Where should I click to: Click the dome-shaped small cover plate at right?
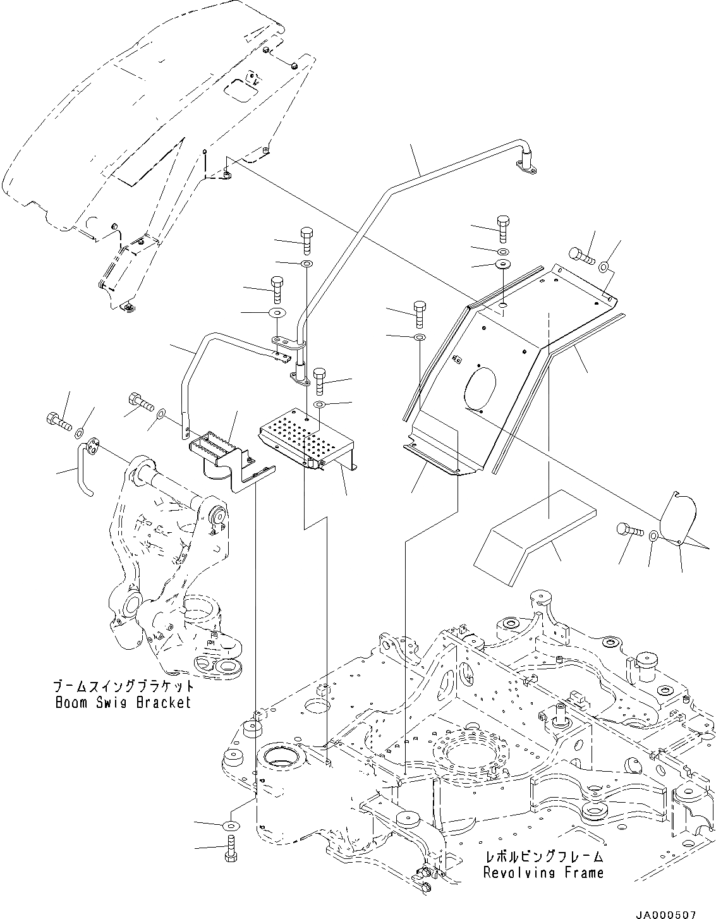(x=677, y=518)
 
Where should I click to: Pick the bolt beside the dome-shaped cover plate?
(x=628, y=529)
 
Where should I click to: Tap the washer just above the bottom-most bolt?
(x=231, y=825)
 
